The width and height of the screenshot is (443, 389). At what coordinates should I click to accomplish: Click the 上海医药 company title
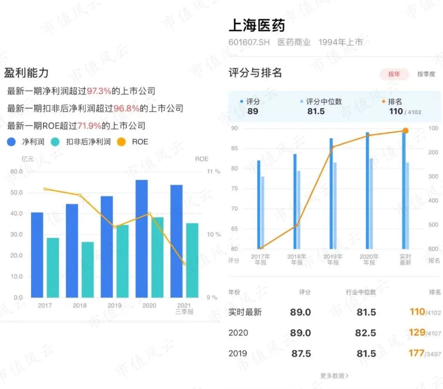(x=257, y=25)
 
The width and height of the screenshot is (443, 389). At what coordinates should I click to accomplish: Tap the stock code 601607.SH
(x=249, y=42)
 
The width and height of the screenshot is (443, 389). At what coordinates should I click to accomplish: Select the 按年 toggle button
(x=394, y=74)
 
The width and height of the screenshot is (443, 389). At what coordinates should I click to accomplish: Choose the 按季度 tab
(x=426, y=74)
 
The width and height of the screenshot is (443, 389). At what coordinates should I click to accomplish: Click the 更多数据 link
(x=334, y=375)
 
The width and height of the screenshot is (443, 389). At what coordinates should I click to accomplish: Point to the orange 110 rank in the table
(x=417, y=312)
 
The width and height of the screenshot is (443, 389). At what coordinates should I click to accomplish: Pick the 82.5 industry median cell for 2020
(x=366, y=333)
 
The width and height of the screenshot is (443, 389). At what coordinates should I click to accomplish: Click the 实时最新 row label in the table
(x=245, y=312)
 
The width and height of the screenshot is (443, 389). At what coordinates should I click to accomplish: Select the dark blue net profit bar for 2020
(x=142, y=239)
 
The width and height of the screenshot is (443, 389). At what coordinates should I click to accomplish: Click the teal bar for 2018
(x=87, y=269)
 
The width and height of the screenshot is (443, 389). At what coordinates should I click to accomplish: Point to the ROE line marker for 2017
(x=45, y=189)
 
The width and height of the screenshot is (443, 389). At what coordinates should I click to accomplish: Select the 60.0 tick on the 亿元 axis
(x=16, y=171)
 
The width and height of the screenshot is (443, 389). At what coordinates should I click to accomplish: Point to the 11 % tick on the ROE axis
(x=213, y=171)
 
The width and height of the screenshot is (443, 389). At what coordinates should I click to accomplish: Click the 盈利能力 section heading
(x=26, y=73)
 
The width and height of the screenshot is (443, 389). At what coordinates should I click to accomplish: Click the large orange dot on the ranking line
(x=405, y=131)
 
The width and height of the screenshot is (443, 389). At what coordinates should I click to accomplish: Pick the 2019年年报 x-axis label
(x=333, y=260)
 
